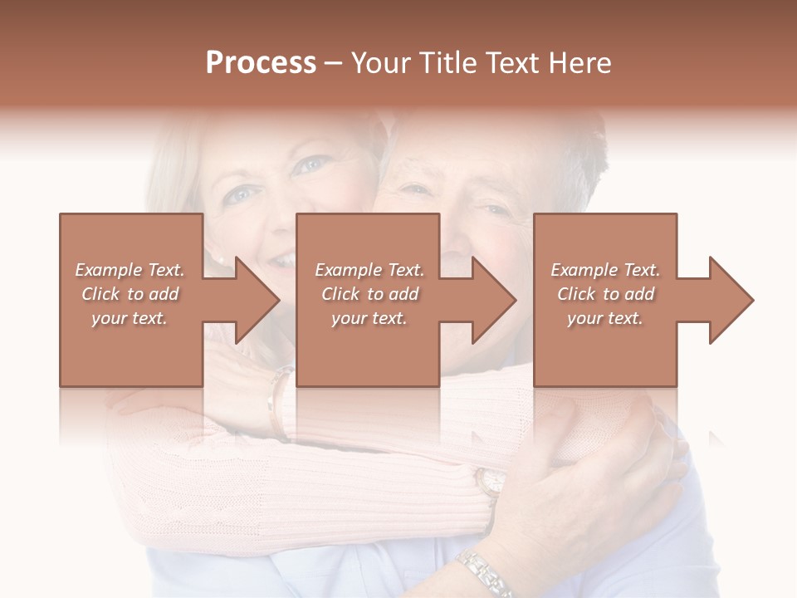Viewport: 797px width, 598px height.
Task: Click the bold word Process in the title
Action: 261,63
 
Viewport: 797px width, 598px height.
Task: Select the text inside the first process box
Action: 130,294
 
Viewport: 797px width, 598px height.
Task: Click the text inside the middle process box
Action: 369,294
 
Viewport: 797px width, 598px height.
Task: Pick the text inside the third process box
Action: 605,294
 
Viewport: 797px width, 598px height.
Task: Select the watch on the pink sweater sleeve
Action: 491,482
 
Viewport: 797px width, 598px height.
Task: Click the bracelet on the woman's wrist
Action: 277,403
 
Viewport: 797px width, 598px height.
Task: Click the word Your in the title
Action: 380,63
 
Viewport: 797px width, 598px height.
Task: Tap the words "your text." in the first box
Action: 130,318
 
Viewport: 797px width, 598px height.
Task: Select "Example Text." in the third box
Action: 605,270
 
